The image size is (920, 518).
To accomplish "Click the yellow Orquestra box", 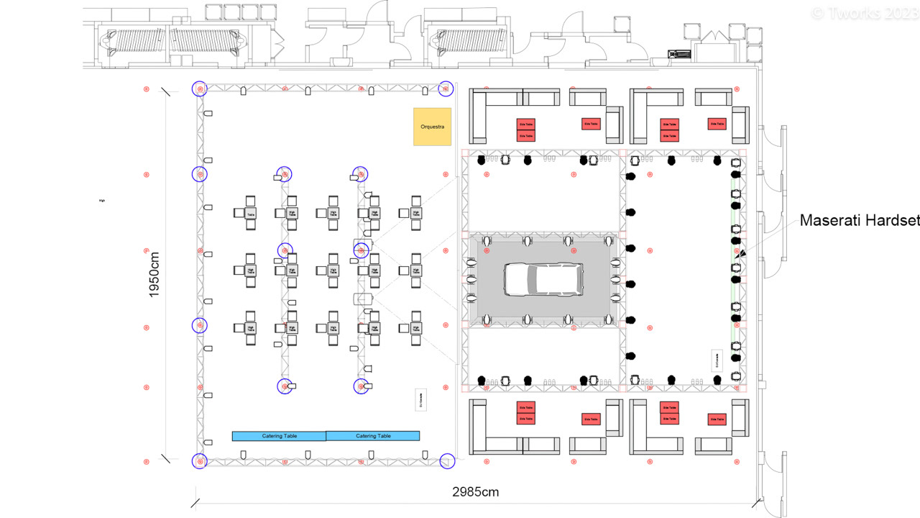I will pos(432,127).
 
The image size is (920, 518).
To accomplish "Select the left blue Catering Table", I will pos(279,436).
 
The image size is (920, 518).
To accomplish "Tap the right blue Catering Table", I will pos(373,436).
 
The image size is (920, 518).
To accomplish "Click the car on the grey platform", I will pos(543,279).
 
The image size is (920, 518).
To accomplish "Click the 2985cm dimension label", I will pos(475,493).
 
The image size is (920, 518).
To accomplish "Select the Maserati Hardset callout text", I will pos(859,221).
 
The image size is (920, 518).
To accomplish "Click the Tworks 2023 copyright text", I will pos(863,13).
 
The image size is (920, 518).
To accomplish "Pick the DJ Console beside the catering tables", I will pos(420,400).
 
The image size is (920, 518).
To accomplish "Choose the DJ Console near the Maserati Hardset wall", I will pos(717,360).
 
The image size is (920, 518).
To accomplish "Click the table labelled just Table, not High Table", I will pos(251,214).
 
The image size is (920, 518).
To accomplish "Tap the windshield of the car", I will pos(530,279).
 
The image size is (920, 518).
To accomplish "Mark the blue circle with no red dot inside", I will pos(447,460).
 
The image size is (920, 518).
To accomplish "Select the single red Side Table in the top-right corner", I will pos(717,124).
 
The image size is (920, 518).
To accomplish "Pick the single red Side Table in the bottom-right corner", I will pos(717,419).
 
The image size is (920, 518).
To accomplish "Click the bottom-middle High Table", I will pos(333,328).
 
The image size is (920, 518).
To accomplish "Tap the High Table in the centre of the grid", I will pos(333,271).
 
